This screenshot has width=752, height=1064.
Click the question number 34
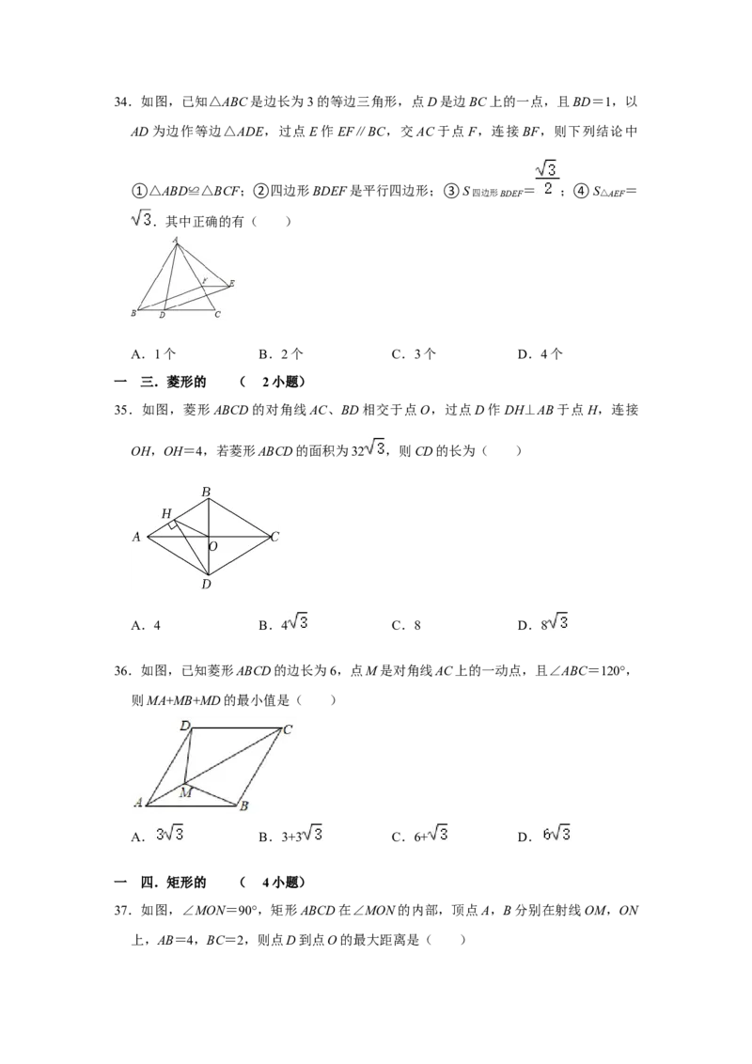click(x=121, y=102)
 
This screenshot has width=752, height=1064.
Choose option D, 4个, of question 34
click(x=540, y=353)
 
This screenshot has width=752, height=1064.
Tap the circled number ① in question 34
click(x=138, y=192)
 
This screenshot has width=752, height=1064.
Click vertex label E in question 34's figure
click(x=231, y=283)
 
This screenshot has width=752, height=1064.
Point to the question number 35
click(x=121, y=410)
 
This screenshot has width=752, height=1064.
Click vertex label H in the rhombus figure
click(x=166, y=514)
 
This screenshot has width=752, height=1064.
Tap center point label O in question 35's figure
click(x=213, y=546)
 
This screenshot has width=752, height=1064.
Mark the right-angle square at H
click(x=173, y=524)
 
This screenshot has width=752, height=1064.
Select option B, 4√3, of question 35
click(x=283, y=623)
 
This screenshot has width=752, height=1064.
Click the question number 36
click(x=121, y=671)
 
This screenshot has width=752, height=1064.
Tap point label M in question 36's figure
click(x=185, y=792)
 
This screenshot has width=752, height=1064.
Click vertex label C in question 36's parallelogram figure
click(x=288, y=729)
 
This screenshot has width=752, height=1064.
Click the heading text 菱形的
click(x=187, y=382)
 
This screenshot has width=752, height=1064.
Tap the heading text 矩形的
click(x=187, y=883)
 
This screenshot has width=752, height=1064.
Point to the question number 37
click(x=121, y=911)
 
